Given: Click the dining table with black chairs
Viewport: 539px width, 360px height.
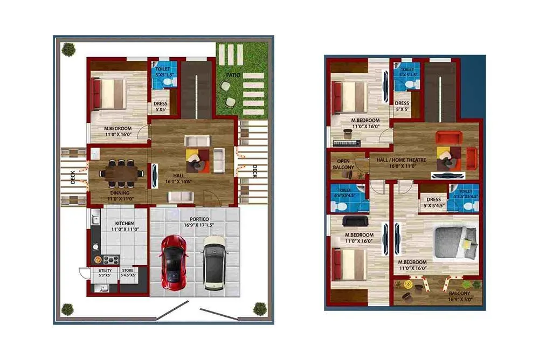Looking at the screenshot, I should coord(121,174).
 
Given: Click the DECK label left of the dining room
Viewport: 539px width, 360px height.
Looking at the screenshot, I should coord(73,178).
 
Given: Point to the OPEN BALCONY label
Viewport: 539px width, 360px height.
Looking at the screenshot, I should coord(345,164).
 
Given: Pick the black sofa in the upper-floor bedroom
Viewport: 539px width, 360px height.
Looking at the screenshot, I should coord(355,221).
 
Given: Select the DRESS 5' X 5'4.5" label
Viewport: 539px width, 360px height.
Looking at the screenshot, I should coord(433,203).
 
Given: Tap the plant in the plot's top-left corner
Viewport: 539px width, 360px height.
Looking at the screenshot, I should coord(68,50).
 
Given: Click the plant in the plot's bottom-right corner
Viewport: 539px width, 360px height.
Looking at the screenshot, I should coord(259,309).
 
